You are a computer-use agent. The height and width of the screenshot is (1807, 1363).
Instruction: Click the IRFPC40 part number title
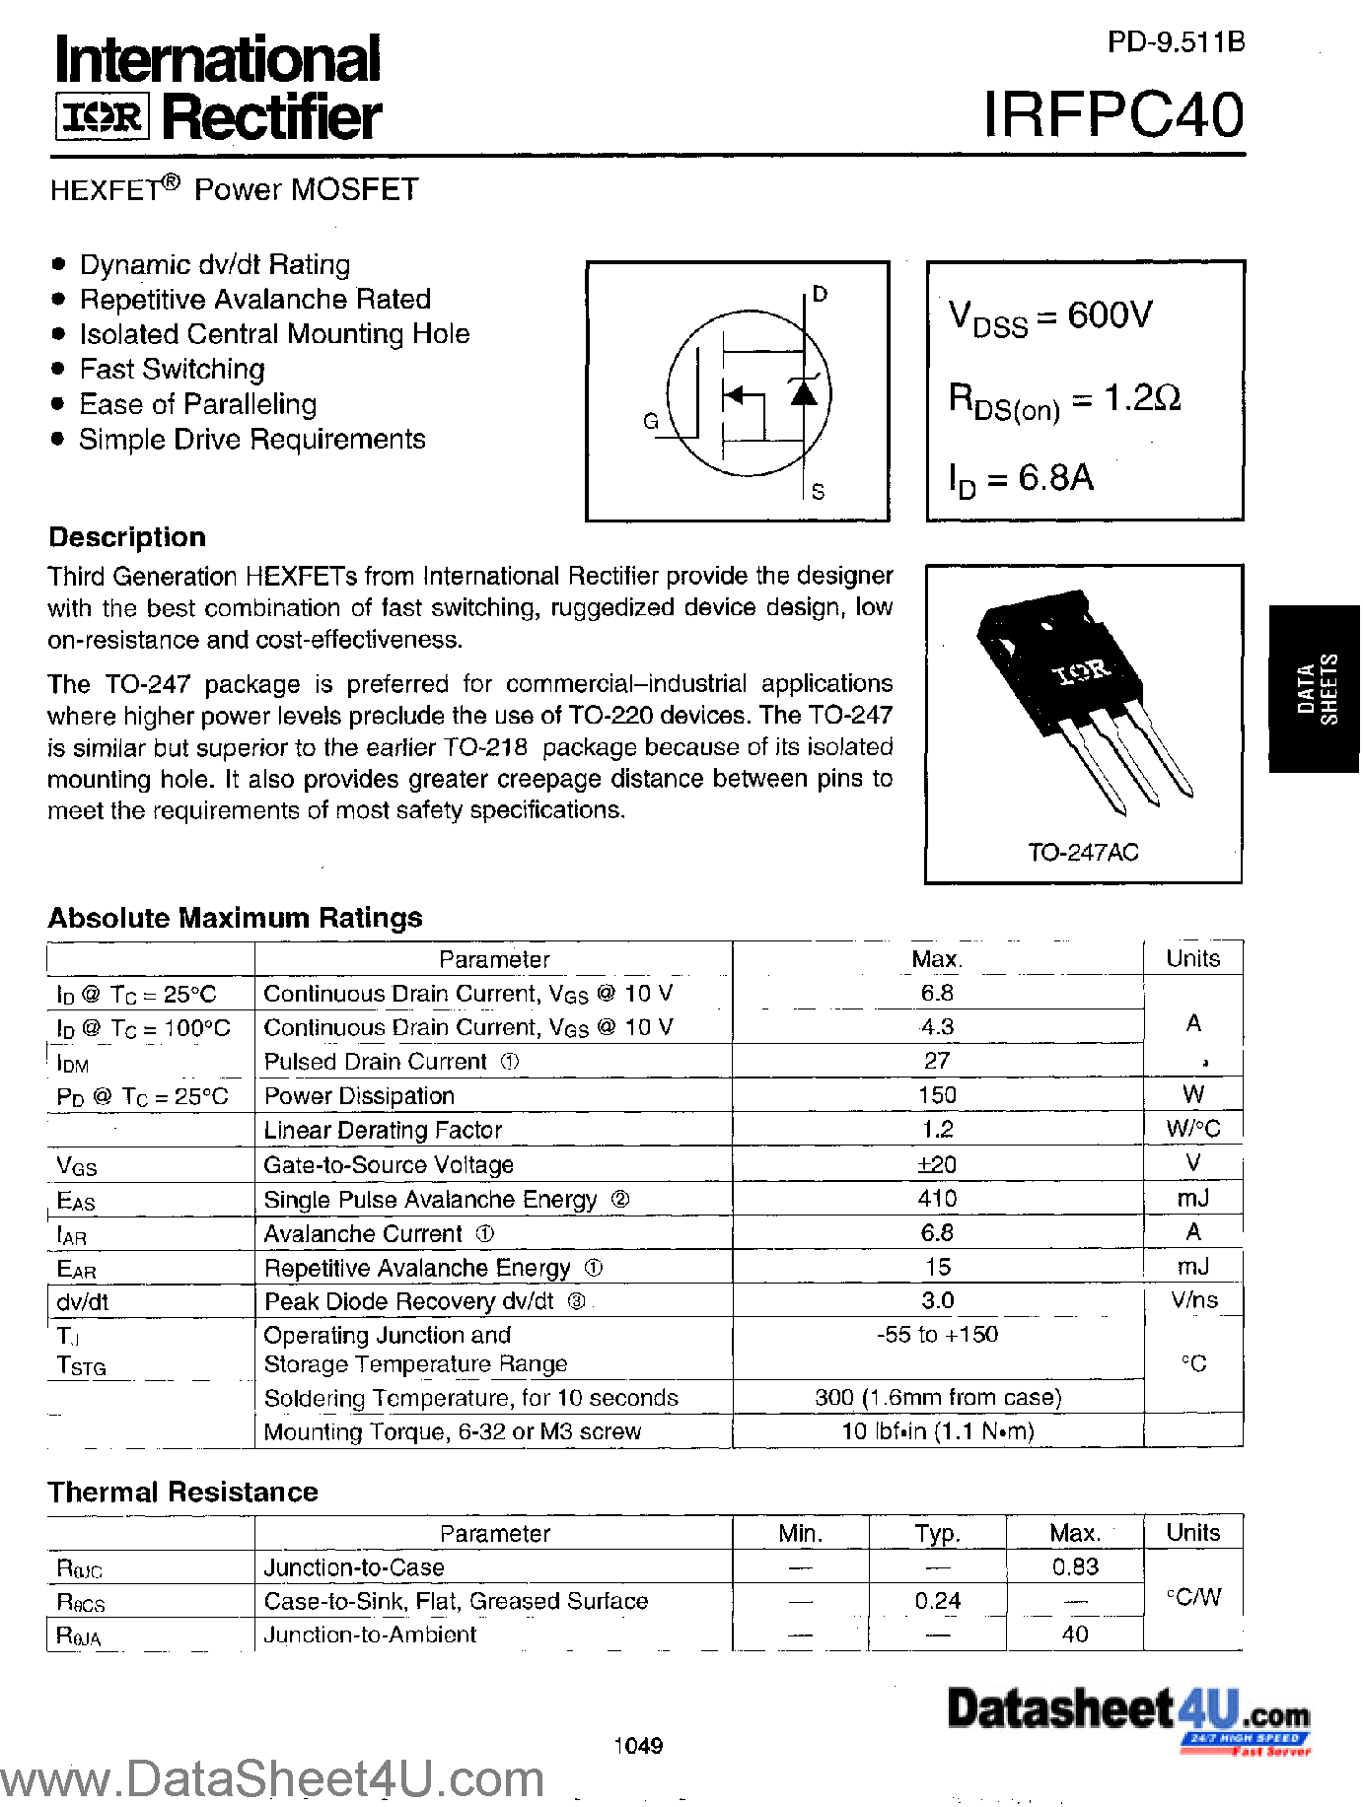pyautogui.click(x=1113, y=115)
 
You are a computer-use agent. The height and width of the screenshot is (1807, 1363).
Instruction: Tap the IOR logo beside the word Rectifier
pyautogui.click(x=103, y=118)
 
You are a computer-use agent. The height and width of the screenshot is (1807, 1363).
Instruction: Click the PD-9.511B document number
pyautogui.click(x=1176, y=41)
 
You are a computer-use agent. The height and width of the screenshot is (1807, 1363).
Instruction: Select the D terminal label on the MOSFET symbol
pyautogui.click(x=820, y=294)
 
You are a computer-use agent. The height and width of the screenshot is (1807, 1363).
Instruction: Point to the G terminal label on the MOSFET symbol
pyautogui.click(x=651, y=421)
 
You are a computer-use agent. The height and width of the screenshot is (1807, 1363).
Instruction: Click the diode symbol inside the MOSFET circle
pyautogui.click(x=805, y=392)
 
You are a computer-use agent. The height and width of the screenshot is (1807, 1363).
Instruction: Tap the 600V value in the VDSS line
pyautogui.click(x=1110, y=315)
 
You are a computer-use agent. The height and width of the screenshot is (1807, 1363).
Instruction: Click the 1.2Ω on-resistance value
pyautogui.click(x=1142, y=397)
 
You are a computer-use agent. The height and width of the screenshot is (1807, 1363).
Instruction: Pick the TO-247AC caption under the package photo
pyautogui.click(x=1083, y=852)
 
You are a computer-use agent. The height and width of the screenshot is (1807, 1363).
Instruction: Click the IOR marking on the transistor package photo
pyautogui.click(x=1082, y=672)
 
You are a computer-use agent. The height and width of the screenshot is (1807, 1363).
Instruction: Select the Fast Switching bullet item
pyautogui.click(x=172, y=369)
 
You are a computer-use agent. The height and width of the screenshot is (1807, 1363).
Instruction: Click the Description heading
pyautogui.click(x=127, y=537)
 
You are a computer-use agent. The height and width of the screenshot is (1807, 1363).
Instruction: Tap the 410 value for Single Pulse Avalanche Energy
pyautogui.click(x=937, y=1199)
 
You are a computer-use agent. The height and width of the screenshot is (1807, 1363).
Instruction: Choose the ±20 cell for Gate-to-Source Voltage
pyautogui.click(x=937, y=1164)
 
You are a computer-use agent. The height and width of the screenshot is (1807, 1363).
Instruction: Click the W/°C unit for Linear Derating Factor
pyautogui.click(x=1192, y=1129)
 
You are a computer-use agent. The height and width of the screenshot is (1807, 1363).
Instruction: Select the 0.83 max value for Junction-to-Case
pyautogui.click(x=1075, y=1566)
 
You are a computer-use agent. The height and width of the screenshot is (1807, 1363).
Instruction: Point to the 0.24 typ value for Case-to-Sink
pyautogui.click(x=937, y=1601)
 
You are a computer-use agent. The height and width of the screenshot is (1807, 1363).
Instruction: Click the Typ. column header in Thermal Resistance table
pyautogui.click(x=937, y=1533)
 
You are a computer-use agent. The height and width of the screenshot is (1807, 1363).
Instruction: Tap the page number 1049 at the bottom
pyautogui.click(x=638, y=1746)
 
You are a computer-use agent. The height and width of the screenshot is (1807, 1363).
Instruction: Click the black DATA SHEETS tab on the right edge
pyautogui.click(x=1316, y=689)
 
